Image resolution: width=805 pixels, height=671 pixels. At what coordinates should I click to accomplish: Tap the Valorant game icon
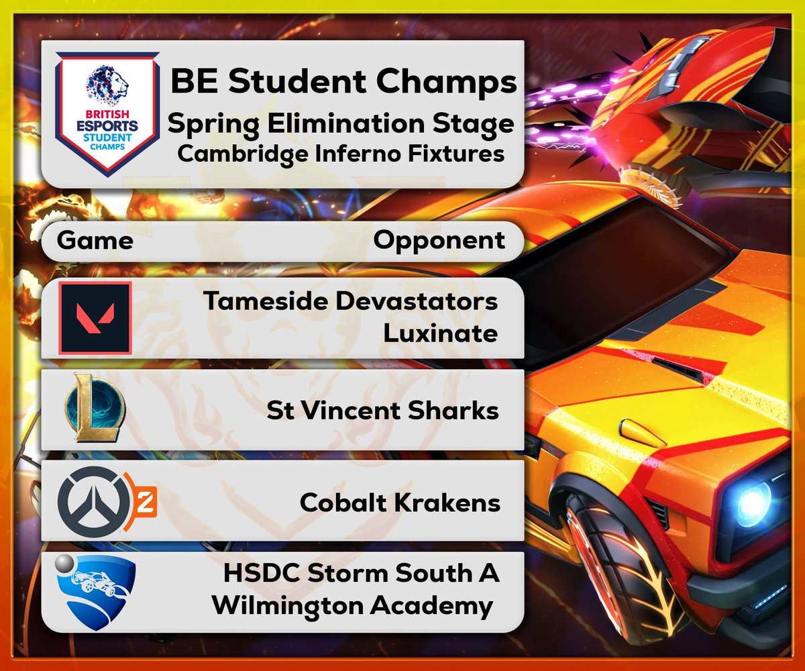[95, 317]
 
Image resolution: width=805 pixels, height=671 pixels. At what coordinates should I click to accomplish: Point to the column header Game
[95, 240]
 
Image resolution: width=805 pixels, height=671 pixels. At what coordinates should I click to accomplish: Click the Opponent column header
[439, 240]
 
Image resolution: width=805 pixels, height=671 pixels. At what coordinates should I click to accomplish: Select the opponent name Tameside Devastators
[351, 301]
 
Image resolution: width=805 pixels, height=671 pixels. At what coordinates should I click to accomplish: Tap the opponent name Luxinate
[440, 333]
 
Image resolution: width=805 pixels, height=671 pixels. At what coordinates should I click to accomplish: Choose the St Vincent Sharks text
[382, 410]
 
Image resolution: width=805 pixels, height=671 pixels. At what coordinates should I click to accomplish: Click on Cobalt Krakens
[400, 502]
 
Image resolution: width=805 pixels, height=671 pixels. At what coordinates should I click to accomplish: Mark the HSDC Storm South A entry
[362, 574]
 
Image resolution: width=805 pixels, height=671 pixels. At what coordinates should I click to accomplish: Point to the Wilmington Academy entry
[352, 606]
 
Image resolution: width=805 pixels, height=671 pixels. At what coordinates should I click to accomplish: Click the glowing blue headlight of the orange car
[754, 501]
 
